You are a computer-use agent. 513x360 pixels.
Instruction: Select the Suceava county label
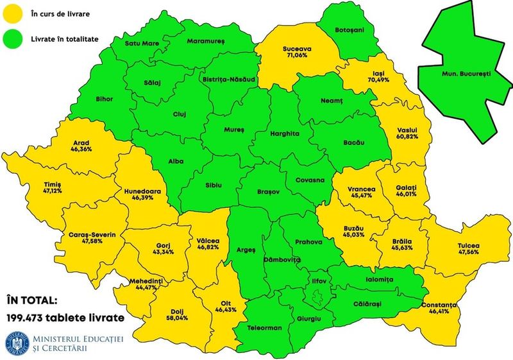click(x=297, y=48)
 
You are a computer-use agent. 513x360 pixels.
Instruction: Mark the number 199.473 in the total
click(x=29, y=317)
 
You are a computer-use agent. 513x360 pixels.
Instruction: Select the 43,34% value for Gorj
click(x=167, y=252)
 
